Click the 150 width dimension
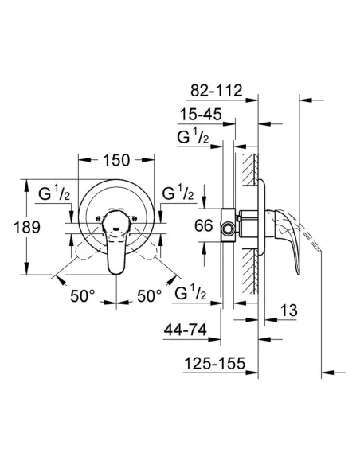116,160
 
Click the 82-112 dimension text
217,92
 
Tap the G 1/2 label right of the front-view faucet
180,193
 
